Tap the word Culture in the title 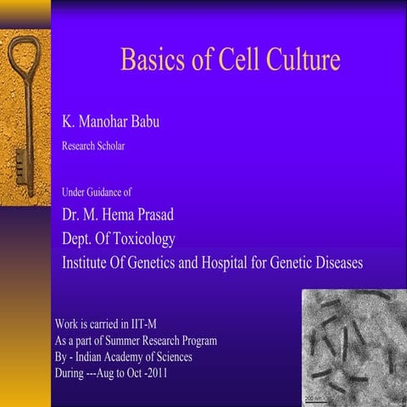[298, 61]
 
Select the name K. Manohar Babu [110, 122]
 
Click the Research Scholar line [93, 146]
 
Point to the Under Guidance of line [97, 192]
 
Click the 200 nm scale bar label [313, 397]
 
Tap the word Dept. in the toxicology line [79, 238]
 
